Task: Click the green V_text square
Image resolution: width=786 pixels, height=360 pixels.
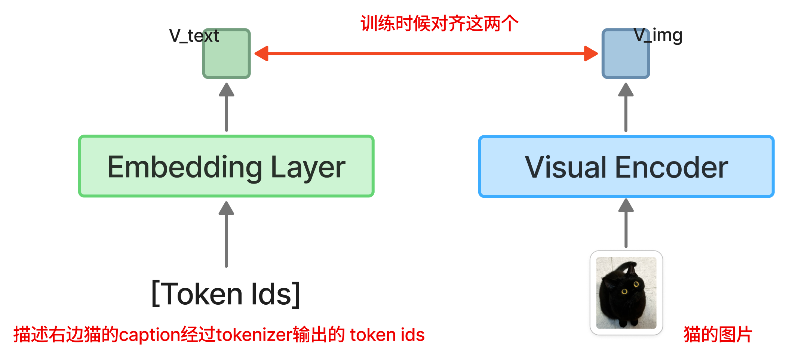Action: (x=227, y=53)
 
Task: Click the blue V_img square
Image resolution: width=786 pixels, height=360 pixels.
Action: (x=626, y=53)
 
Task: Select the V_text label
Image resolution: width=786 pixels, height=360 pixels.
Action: (x=194, y=36)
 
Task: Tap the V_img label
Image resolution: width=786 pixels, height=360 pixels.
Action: (x=658, y=36)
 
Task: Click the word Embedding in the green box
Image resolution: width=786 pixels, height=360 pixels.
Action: (x=185, y=167)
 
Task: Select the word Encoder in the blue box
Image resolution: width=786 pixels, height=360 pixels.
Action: (x=672, y=167)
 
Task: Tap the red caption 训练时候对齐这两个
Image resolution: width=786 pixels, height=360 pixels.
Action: (x=440, y=24)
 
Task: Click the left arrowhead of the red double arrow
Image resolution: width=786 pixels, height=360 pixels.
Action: (x=261, y=53)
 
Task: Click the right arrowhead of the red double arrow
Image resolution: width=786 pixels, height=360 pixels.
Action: (x=591, y=53)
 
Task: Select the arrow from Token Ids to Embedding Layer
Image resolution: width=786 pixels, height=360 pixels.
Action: (x=226, y=234)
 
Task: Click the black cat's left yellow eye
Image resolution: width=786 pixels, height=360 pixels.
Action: (x=624, y=292)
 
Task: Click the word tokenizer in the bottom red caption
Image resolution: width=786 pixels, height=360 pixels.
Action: (x=254, y=335)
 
